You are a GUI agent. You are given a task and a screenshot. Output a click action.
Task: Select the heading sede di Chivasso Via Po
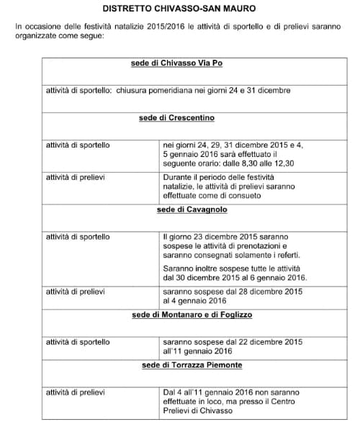coord(176,63)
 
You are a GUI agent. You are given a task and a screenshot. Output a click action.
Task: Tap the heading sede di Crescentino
coord(176,117)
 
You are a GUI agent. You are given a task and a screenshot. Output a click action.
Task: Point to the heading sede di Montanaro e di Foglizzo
coord(192,314)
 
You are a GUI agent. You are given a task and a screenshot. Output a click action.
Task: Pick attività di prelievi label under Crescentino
coord(76,176)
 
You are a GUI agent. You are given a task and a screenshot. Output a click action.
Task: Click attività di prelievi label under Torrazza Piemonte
coord(76,392)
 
